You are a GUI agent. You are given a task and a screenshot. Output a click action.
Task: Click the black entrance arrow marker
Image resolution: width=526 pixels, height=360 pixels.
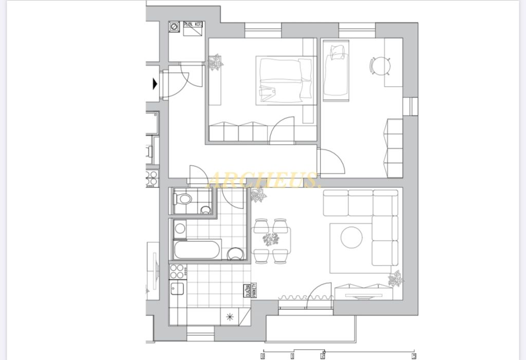(155, 83)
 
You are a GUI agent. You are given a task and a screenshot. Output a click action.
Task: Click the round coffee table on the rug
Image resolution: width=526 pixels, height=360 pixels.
(351, 237)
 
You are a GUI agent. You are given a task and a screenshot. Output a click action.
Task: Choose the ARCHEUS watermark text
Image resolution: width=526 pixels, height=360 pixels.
(264, 180)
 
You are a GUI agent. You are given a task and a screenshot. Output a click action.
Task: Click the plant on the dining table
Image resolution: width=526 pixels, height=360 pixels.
(270, 239)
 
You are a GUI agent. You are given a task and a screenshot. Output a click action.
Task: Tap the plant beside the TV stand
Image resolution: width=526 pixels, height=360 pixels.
(396, 278)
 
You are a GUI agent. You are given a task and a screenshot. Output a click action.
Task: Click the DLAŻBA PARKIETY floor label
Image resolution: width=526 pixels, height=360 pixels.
(251, 290)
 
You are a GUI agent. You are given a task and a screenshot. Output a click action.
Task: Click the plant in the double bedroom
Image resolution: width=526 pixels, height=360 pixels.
(215, 63)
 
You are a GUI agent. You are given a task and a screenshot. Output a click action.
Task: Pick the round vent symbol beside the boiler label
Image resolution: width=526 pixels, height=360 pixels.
(175, 26)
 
